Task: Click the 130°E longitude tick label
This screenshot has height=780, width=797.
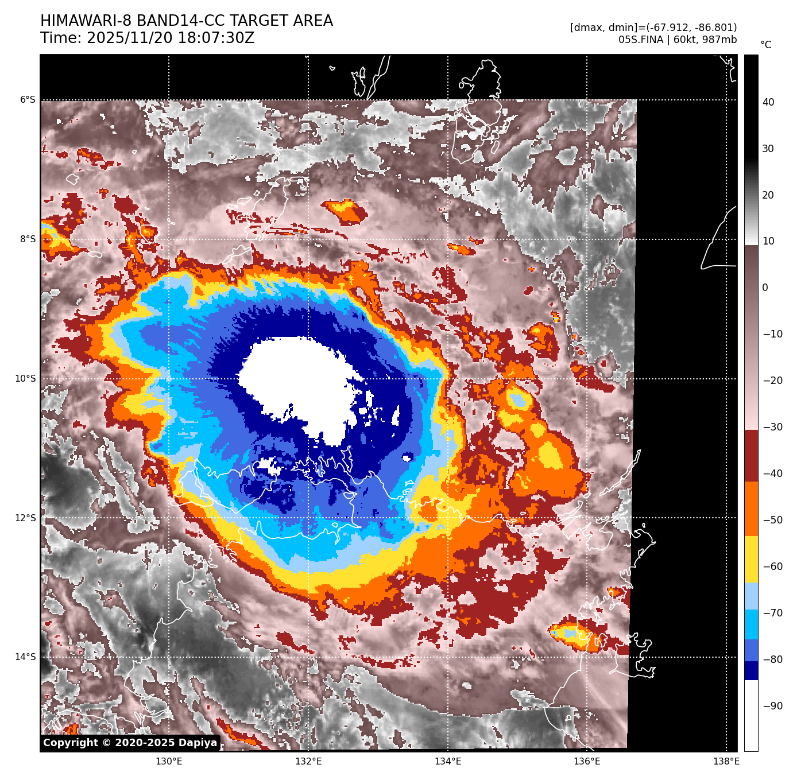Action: coord(169,762)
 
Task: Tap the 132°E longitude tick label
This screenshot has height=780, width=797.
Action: coord(308,762)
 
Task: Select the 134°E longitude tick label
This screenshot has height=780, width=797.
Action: coord(448,762)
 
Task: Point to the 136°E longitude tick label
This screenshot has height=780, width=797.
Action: coord(587,762)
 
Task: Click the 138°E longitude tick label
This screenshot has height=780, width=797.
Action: coord(726,762)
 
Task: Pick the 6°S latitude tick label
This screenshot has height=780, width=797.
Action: coord(28,100)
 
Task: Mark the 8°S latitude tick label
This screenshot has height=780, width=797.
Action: coord(28,239)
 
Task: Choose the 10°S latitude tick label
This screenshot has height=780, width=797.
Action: coord(25,379)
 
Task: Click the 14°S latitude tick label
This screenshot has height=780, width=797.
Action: coord(25,657)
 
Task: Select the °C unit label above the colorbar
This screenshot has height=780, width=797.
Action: coord(765,45)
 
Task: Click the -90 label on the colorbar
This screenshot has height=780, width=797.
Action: coord(772,706)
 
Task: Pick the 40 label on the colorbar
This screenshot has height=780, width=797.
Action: coord(768,102)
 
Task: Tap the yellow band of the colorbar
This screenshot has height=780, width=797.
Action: coord(751,560)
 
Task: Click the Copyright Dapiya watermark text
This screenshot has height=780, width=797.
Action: coord(130,743)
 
